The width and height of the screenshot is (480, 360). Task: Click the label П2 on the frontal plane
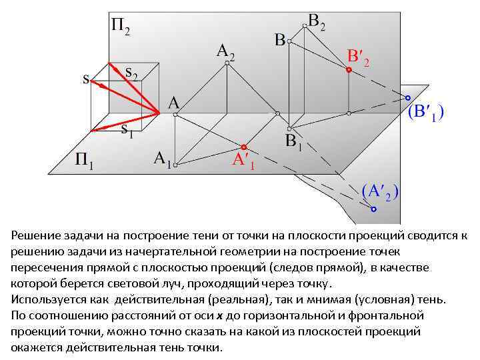click(120, 27)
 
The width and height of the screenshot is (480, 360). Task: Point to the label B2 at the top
click(317, 23)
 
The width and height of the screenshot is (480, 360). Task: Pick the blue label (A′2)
click(380, 191)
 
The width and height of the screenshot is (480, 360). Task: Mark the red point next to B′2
click(349, 69)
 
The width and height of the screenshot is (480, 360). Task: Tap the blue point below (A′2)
click(373, 209)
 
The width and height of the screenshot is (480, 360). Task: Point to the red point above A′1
click(244, 146)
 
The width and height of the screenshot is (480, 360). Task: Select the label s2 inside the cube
click(132, 74)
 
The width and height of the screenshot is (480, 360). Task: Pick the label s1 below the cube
click(127, 129)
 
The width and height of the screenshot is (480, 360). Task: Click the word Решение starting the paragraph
click(37, 236)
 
